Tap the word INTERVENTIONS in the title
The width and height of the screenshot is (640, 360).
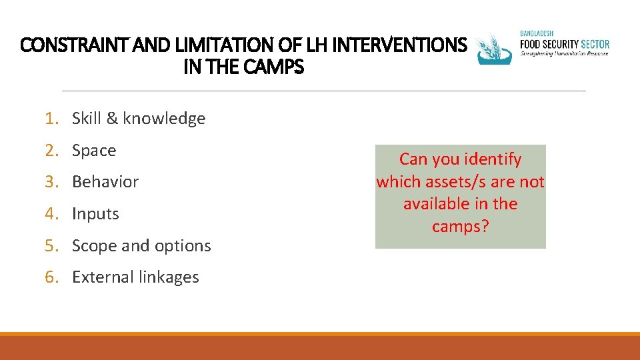(x=398, y=45)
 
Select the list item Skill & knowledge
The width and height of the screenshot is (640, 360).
(x=138, y=119)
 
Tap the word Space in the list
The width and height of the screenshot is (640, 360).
(x=94, y=151)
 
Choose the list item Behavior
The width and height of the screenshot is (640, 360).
(x=105, y=182)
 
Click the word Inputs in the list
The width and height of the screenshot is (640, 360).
(x=95, y=214)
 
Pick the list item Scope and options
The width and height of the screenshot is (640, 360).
(x=141, y=246)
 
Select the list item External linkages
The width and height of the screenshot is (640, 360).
(x=135, y=277)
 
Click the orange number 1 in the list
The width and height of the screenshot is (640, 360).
(x=49, y=119)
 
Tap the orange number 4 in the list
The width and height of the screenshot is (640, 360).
(x=49, y=214)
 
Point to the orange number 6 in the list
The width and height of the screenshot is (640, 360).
(x=49, y=277)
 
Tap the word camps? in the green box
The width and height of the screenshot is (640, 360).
(x=460, y=227)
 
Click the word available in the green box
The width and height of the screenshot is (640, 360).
(x=435, y=204)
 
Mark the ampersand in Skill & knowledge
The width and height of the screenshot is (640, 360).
(x=111, y=119)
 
